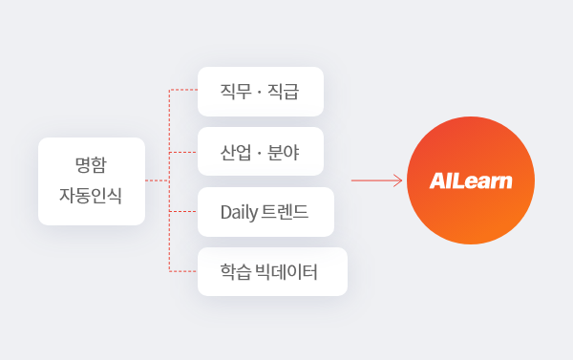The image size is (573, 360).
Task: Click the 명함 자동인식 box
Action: (91, 180)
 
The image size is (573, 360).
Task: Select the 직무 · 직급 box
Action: (260, 92)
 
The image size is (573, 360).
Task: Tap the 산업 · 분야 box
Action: (260, 151)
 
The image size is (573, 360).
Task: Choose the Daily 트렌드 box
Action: (265, 211)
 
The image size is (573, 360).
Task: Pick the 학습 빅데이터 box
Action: (270, 271)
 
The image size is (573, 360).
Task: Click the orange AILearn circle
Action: (471, 180)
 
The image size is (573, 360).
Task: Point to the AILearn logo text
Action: (471, 180)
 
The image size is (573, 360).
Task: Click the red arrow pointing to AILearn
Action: (376, 180)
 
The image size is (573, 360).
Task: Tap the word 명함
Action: (91, 165)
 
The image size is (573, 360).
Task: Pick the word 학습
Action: (234, 271)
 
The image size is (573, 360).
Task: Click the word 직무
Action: (235, 92)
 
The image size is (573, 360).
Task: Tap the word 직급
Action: (285, 92)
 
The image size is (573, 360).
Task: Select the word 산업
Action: (235, 151)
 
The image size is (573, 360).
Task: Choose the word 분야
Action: (285, 151)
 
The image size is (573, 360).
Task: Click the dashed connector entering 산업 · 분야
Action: (182, 151)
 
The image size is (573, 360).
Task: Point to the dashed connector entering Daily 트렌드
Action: (182, 210)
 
